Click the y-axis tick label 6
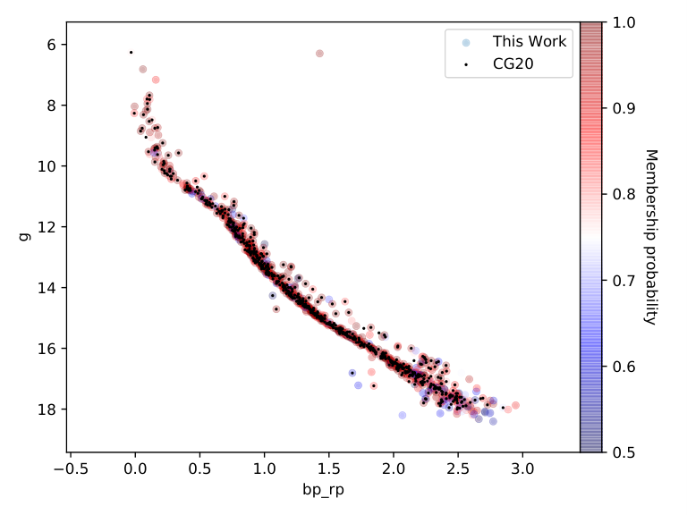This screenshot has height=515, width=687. (51, 45)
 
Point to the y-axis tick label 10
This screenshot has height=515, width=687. (47, 166)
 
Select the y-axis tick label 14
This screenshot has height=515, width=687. (47, 288)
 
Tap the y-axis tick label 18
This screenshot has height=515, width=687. (47, 409)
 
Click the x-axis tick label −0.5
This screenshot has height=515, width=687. (71, 469)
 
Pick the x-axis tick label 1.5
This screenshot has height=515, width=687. (328, 469)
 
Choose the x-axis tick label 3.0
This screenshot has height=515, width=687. (522, 469)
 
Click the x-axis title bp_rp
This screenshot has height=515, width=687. (323, 489)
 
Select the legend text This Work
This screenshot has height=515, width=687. (530, 42)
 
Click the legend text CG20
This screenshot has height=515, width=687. (513, 64)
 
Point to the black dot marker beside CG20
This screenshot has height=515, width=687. (466, 64)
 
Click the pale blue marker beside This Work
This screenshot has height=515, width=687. (466, 43)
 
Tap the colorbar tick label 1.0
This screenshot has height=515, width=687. (623, 22)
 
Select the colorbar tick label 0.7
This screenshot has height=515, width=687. (623, 280)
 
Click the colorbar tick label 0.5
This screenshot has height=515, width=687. (623, 452)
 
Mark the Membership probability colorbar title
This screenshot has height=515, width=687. (651, 237)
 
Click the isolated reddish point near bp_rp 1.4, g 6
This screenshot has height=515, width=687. (319, 54)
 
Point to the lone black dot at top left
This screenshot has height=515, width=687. (131, 53)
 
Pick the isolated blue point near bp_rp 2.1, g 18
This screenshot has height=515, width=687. (403, 415)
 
